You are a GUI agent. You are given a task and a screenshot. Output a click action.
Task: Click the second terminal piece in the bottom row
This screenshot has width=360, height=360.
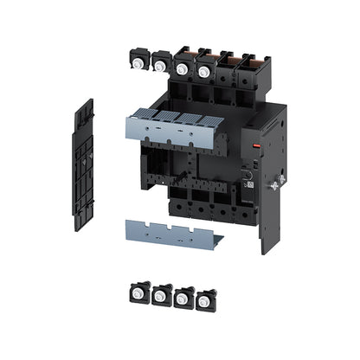tap(161, 295)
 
